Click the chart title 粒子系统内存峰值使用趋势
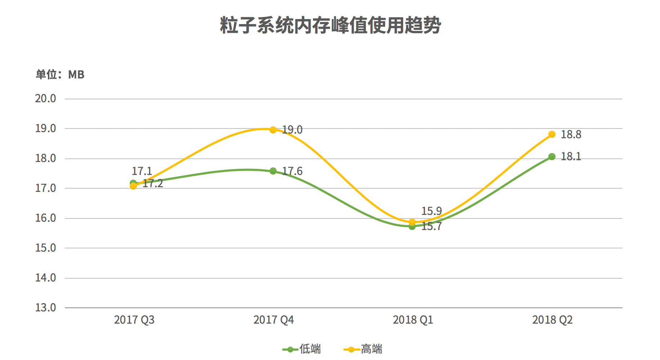pyautogui.click(x=330, y=25)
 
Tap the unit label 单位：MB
pyautogui.click(x=60, y=75)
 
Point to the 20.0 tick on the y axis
pyautogui.click(x=45, y=98)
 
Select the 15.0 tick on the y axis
pyautogui.click(x=45, y=248)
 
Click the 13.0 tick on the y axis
pyautogui.click(x=45, y=307)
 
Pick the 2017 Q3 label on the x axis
pyautogui.click(x=134, y=320)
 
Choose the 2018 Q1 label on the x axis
pyautogui.click(x=413, y=320)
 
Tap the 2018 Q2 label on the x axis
pyautogui.click(x=552, y=320)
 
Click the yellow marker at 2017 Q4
pyautogui.click(x=273, y=130)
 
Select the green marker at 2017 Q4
pyautogui.click(x=273, y=171)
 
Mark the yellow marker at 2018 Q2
pyautogui.click(x=552, y=134)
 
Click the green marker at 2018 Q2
pyautogui.click(x=552, y=157)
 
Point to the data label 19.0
pyautogui.click(x=292, y=130)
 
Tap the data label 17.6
pyautogui.click(x=292, y=171)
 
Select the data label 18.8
pyautogui.click(x=571, y=135)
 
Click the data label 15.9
pyautogui.click(x=432, y=211)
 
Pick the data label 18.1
pyautogui.click(x=571, y=157)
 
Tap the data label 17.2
pyautogui.click(x=153, y=184)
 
